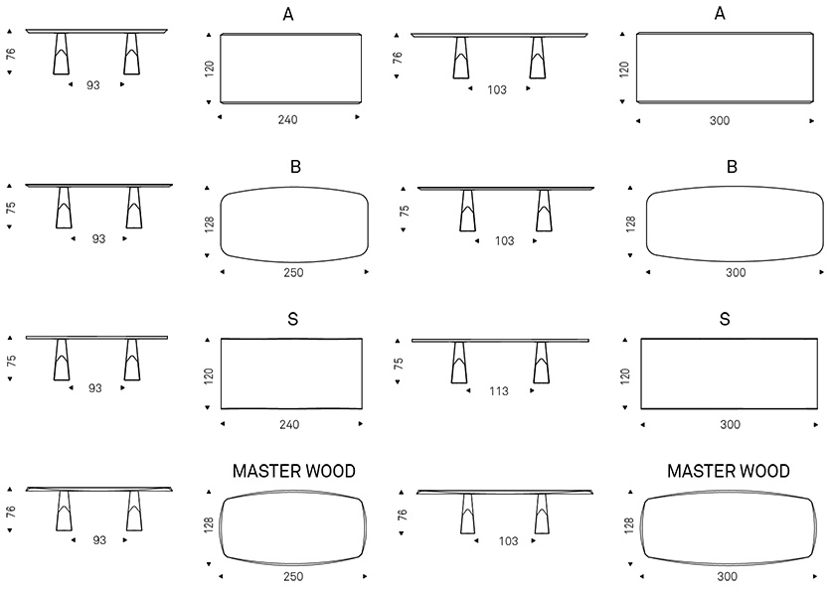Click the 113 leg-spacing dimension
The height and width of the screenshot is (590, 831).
click(x=499, y=391)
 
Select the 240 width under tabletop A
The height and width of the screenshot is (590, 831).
click(x=288, y=120)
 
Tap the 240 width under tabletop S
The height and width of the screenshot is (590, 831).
click(x=289, y=424)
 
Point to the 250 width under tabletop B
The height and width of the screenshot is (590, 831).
click(x=293, y=272)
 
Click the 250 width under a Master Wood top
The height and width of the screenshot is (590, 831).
click(x=293, y=576)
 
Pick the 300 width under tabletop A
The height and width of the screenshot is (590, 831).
click(x=720, y=121)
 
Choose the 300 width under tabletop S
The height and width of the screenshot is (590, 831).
click(x=730, y=424)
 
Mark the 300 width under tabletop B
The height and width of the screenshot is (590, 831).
click(x=736, y=272)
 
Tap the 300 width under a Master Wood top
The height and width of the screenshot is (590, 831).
click(x=728, y=576)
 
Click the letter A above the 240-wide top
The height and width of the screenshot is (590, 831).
click(x=288, y=14)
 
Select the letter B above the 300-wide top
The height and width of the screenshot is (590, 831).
click(x=732, y=167)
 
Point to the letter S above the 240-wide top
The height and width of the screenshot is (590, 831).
click(x=292, y=319)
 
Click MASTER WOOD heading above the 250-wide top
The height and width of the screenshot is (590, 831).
click(x=294, y=471)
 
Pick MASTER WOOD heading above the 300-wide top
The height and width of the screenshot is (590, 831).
click(x=729, y=471)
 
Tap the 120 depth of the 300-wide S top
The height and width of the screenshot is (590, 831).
click(x=626, y=376)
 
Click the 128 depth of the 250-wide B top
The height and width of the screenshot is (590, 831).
click(x=210, y=224)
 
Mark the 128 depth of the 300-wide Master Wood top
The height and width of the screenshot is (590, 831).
click(x=629, y=525)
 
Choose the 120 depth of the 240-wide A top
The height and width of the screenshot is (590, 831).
click(x=210, y=69)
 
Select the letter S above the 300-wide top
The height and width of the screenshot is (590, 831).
click(x=725, y=319)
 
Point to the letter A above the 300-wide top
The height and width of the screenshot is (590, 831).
click(x=720, y=14)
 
